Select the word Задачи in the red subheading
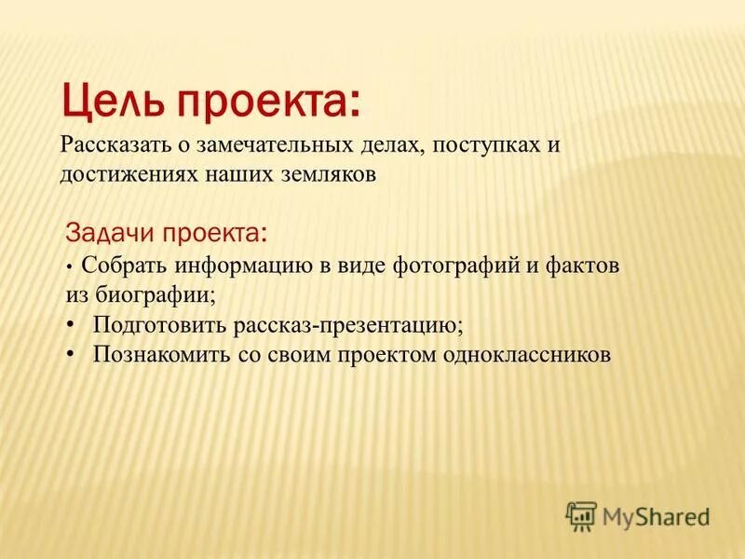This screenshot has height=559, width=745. pyautogui.click(x=109, y=231)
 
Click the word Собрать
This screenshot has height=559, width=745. pyautogui.click(x=119, y=266)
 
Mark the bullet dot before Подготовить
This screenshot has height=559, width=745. pyautogui.click(x=71, y=324)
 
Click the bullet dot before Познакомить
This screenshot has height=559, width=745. pyautogui.click(x=71, y=355)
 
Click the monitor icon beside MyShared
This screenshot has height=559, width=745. pyautogui.click(x=581, y=514)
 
